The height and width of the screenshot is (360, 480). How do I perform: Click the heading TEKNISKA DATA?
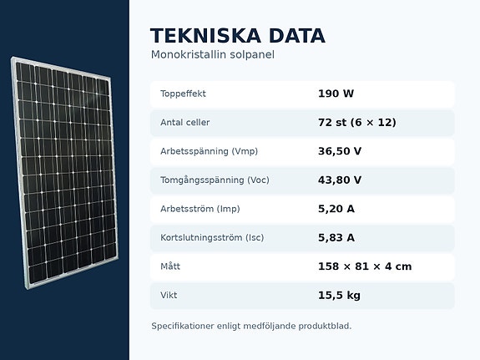click(x=238, y=36)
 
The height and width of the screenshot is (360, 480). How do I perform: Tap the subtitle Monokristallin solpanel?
click(x=212, y=55)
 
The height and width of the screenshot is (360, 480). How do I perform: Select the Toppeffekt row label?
click(x=183, y=94)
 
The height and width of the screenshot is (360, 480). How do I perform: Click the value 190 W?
click(x=336, y=94)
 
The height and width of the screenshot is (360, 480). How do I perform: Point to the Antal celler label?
click(x=184, y=123)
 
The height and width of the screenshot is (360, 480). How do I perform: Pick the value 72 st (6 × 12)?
click(x=357, y=123)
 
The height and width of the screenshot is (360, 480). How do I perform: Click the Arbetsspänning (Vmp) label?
click(x=209, y=151)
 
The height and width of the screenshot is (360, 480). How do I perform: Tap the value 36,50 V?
click(x=340, y=151)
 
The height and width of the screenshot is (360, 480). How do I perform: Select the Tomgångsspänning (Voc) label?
click(x=215, y=180)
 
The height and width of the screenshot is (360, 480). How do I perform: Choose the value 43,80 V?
click(x=340, y=180)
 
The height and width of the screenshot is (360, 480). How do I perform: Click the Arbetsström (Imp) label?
click(x=200, y=209)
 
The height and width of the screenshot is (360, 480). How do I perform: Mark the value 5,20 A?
click(x=336, y=209)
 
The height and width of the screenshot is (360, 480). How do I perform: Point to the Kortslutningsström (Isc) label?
click(x=212, y=238)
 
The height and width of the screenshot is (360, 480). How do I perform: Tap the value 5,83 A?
click(x=336, y=238)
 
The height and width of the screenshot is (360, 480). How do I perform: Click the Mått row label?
click(x=170, y=266)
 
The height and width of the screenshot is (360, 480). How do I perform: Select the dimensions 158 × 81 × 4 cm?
click(x=365, y=266)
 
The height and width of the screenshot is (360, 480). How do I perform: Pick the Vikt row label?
click(x=169, y=296)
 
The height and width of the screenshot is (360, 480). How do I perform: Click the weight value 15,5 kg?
click(x=339, y=296)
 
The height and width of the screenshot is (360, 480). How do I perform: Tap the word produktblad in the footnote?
click(x=325, y=326)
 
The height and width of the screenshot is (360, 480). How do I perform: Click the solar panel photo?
click(x=65, y=172)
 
